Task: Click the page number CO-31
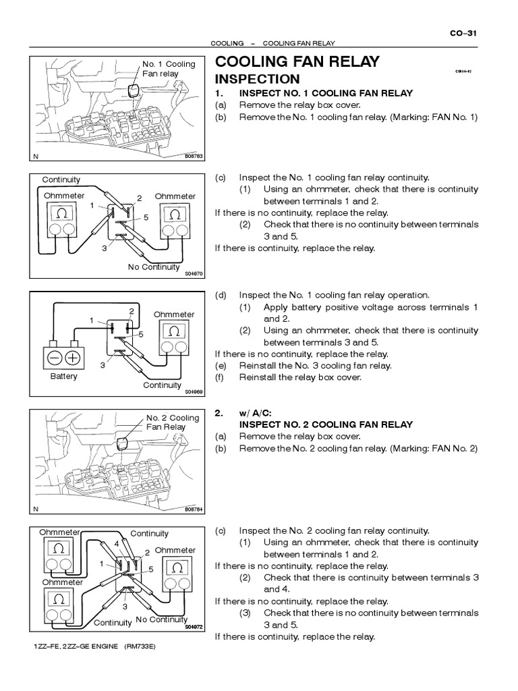tap(465, 32)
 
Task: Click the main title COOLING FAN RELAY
tap(297, 62)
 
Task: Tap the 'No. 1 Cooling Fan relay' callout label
tap(168, 69)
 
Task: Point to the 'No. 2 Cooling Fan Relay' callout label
tap(173, 422)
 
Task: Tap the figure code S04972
tap(193, 626)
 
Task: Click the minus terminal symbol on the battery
tap(53, 358)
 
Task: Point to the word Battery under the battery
tap(64, 377)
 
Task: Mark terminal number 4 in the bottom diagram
tap(117, 543)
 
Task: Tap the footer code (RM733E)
tap(140, 647)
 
